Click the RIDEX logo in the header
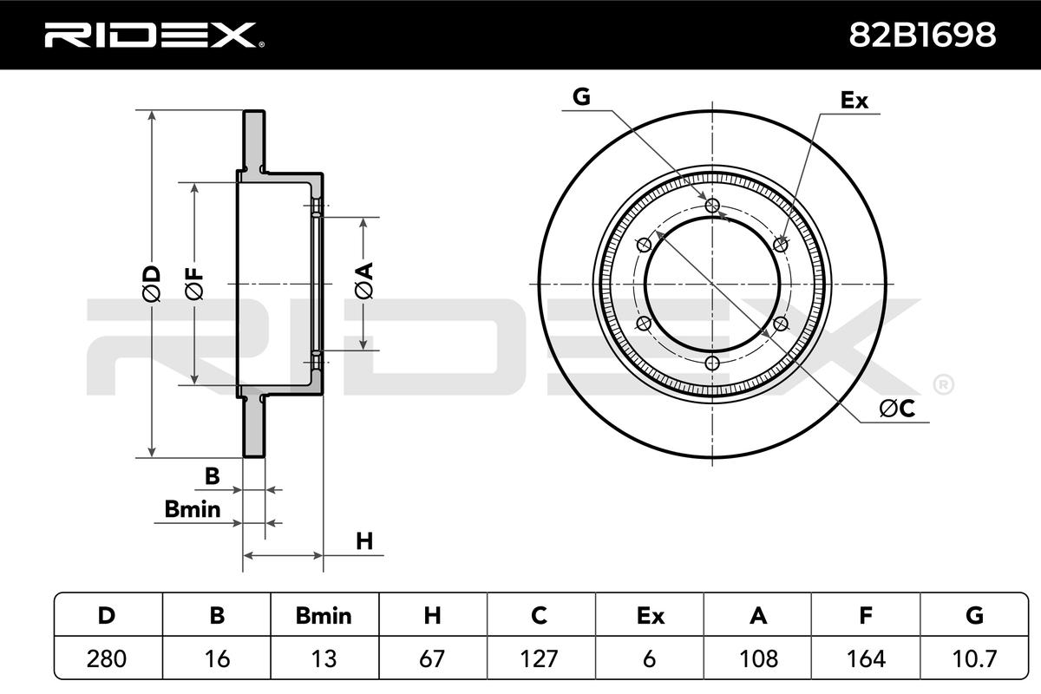coord(153,35)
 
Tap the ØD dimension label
coord(151,284)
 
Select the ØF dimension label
coord(194,284)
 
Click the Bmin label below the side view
coord(193,509)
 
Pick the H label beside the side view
coord(364,541)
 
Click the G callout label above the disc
coord(581,97)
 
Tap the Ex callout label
coord(854,101)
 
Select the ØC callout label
coord(898,409)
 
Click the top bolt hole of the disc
coord(713,206)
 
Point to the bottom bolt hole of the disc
coord(713,363)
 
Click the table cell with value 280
coord(107,658)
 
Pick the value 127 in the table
coord(540,658)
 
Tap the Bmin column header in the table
coord(324,616)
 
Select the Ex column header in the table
coord(650,616)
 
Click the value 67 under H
coord(432,658)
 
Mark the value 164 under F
coord(865,658)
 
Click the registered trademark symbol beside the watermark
coord(942,383)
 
